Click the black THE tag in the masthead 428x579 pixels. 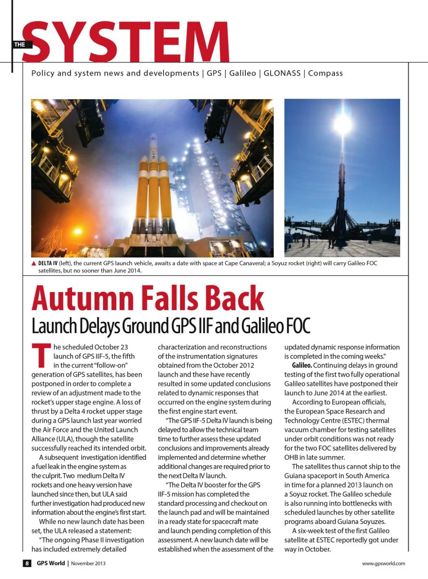point(20,45)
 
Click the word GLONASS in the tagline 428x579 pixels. point(282,73)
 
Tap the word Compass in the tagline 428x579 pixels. point(325,73)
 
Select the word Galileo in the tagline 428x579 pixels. point(243,73)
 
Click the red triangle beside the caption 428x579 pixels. point(34,264)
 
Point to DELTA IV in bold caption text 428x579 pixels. point(48,264)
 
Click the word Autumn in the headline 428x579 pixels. point(83,298)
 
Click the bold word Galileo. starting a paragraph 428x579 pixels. point(302,365)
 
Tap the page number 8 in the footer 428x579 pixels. point(27,563)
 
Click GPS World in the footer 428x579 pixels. point(51,563)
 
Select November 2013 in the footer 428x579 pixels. point(88,563)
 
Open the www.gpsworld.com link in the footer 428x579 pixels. point(383,563)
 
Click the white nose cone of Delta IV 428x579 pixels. point(153,142)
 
